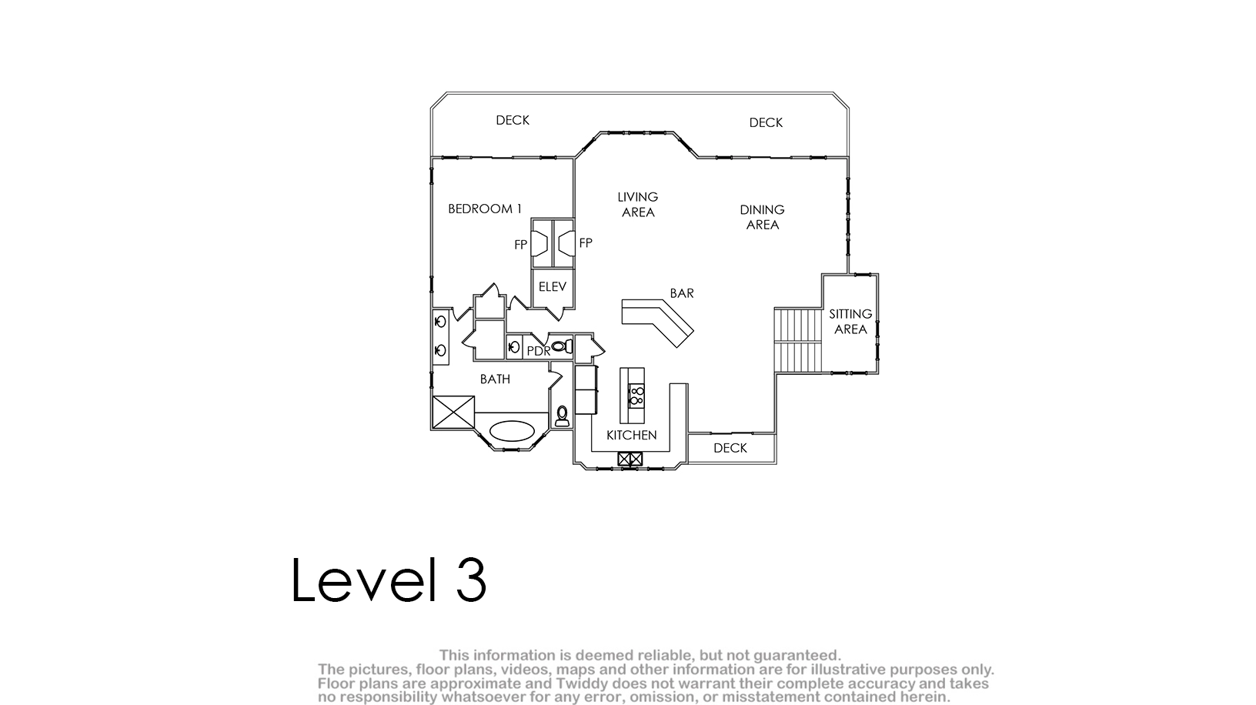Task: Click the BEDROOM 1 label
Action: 484,209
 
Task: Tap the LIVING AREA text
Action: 637,205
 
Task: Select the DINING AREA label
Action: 762,217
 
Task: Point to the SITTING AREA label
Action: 850,322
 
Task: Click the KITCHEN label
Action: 631,435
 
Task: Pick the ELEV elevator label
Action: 553,286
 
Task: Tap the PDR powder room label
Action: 538,352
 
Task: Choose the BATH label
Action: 495,379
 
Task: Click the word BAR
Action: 682,292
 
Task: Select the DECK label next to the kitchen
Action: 730,448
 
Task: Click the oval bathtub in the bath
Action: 511,431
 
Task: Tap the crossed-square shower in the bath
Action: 453,413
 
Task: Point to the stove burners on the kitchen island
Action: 636,396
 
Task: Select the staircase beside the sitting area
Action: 798,340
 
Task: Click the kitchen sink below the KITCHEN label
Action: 630,459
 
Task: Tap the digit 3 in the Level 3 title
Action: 470,580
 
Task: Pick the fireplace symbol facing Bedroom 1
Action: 539,243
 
